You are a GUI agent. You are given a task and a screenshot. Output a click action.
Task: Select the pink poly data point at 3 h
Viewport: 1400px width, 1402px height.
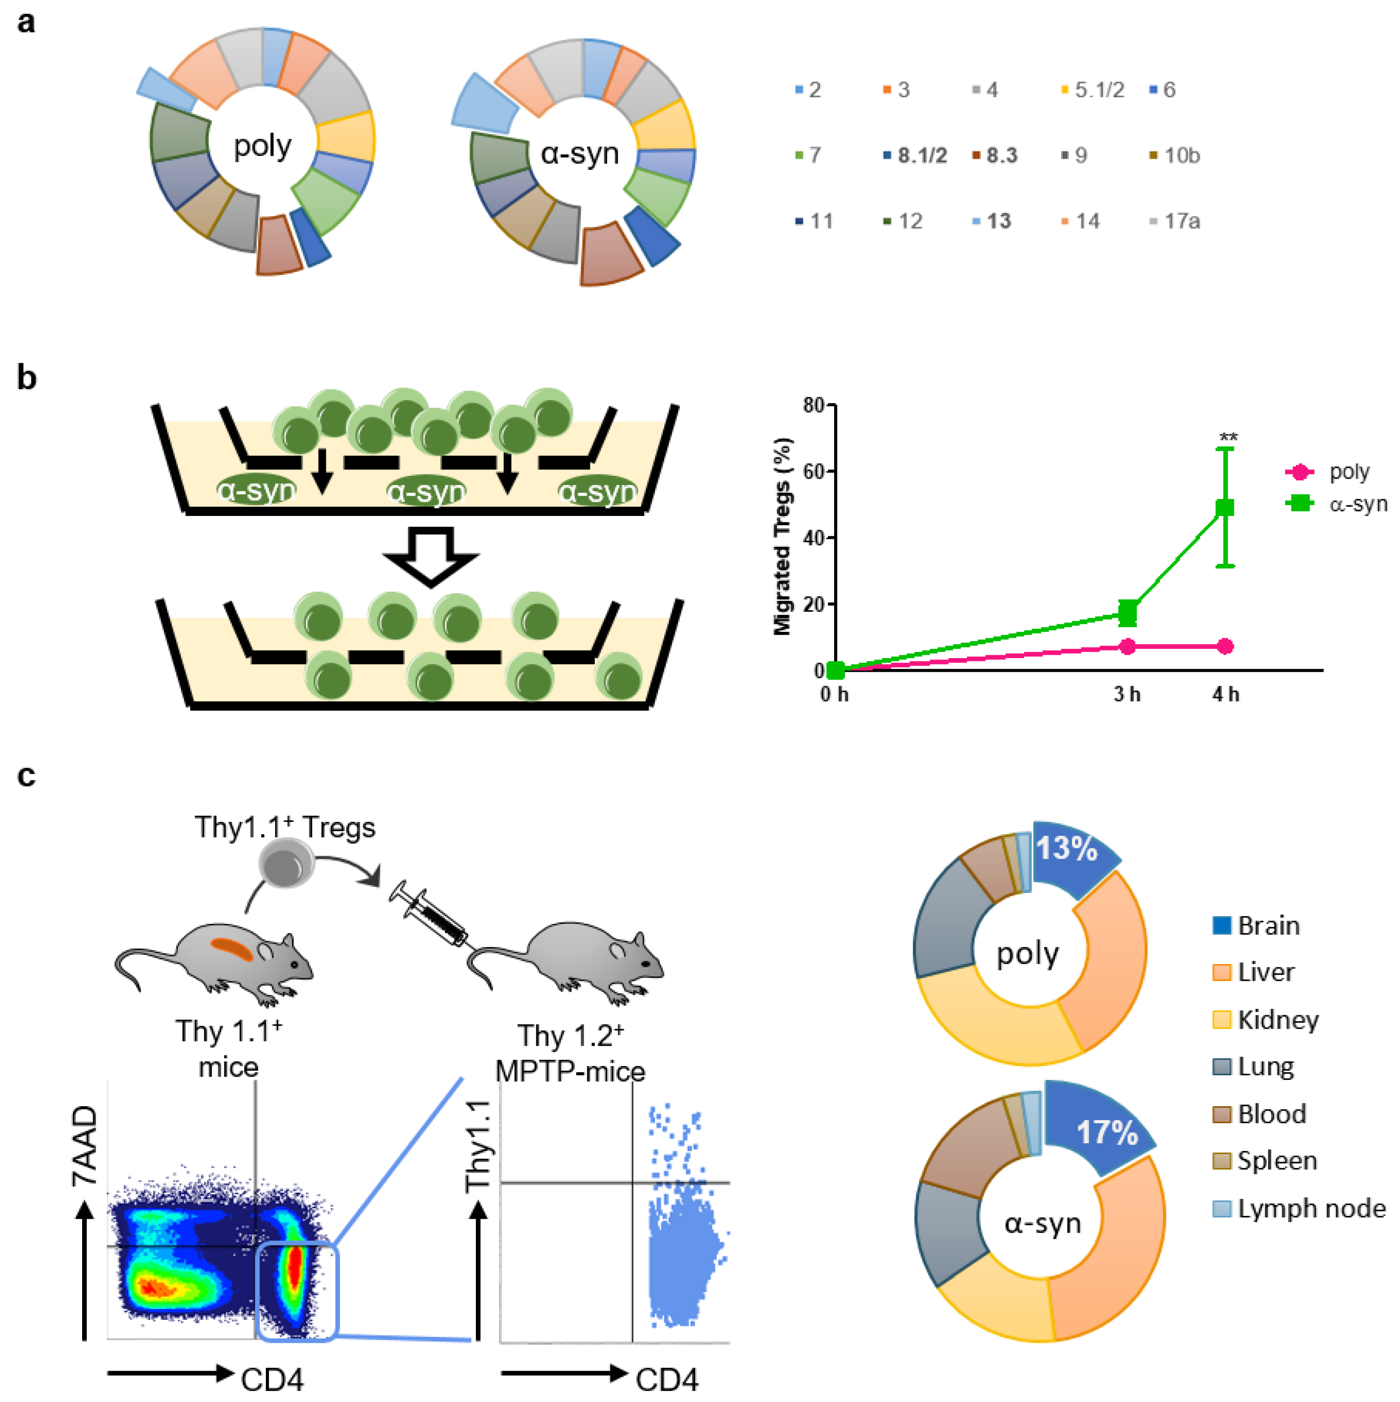[1127, 646]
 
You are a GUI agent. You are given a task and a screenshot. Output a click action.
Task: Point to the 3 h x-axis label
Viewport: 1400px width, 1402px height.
[1127, 695]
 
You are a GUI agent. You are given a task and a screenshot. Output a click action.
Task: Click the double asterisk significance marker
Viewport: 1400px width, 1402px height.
[1228, 437]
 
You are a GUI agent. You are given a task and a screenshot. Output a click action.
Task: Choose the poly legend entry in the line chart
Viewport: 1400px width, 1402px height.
[1348, 473]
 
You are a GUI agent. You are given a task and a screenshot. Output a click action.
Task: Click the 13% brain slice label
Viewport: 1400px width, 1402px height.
[1066, 848]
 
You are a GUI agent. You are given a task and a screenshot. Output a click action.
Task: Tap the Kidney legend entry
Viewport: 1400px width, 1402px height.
[1277, 1019]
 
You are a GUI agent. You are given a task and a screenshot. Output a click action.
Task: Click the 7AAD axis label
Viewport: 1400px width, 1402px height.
[85, 1146]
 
